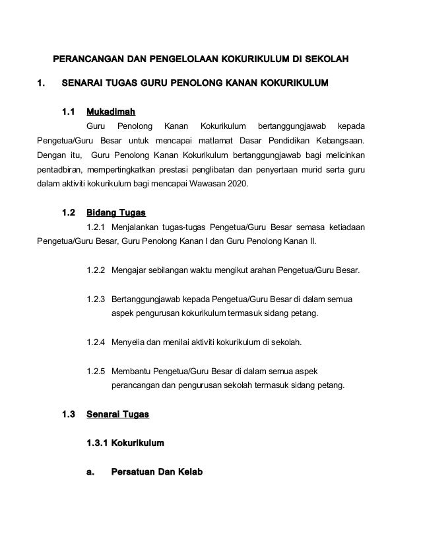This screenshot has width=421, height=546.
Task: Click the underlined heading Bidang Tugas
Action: [116, 213]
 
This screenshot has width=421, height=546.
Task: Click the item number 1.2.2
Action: [96, 271]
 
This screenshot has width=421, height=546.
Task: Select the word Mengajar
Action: [131, 271]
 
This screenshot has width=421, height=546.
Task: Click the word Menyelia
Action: [130, 342]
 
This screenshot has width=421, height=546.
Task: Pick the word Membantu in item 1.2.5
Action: [132, 371]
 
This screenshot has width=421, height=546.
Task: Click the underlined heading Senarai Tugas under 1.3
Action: [118, 415]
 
